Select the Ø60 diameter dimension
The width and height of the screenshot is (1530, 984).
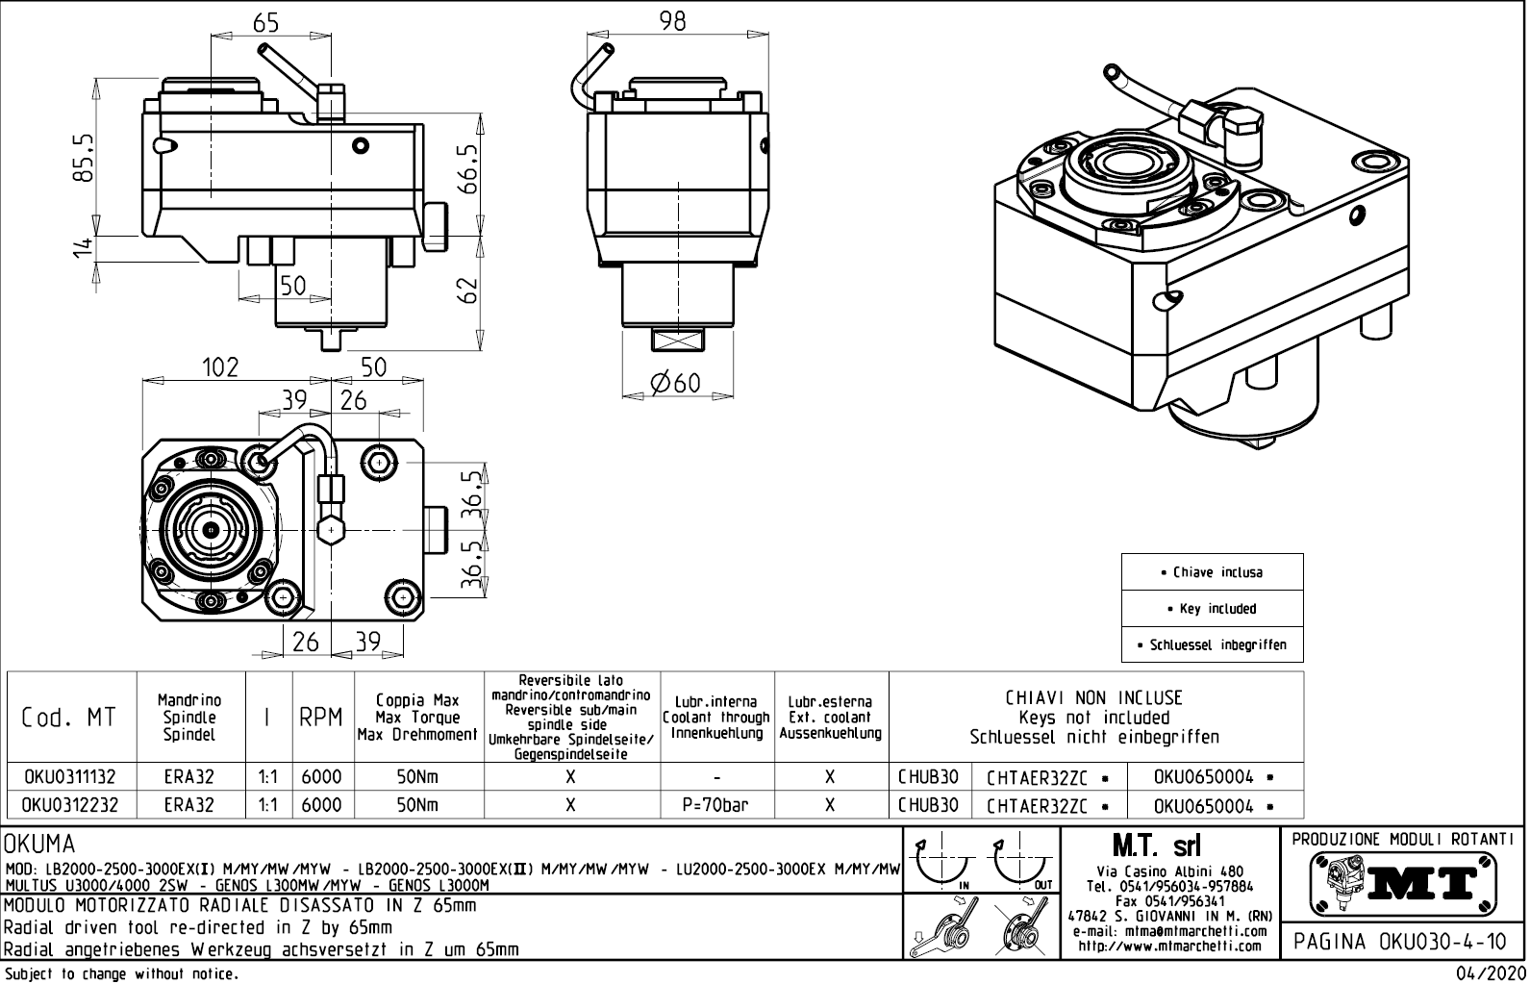click(675, 383)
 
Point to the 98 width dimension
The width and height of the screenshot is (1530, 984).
click(673, 21)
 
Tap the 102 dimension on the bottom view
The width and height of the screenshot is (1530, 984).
click(219, 367)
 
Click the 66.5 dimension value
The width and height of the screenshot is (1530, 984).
click(466, 169)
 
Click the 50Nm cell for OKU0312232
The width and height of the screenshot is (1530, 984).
click(417, 805)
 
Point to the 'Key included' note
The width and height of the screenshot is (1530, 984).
click(1212, 609)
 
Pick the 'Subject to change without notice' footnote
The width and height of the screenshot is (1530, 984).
click(121, 974)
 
